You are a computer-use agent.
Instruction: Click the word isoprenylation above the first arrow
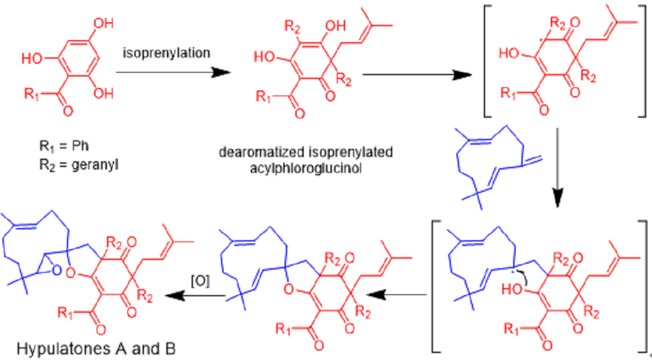click(x=166, y=54)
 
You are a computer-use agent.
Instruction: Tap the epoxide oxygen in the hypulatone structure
click(x=57, y=271)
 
